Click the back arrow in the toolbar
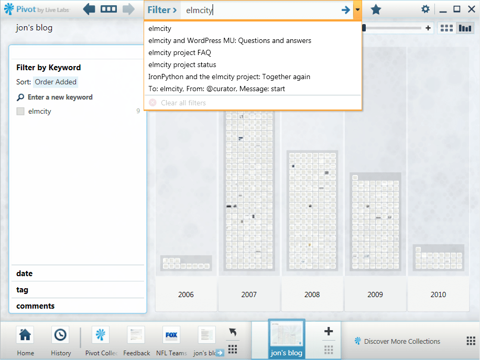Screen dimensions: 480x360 pyautogui.click(x=89, y=9)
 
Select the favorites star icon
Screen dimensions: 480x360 pyautogui.click(x=376, y=10)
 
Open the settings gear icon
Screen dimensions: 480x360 pyautogui.click(x=425, y=9)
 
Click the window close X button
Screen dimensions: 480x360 pyautogui.click(x=472, y=9)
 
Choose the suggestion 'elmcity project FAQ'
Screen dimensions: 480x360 pyautogui.click(x=180, y=52)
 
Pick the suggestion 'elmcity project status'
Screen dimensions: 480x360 pyautogui.click(x=182, y=64)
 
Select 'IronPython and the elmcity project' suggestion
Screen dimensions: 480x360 pyautogui.click(x=230, y=77)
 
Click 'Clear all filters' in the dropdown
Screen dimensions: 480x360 pyautogui.click(x=183, y=103)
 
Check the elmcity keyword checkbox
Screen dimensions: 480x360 pyautogui.click(x=20, y=111)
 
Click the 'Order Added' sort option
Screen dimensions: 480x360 pyautogui.click(x=56, y=82)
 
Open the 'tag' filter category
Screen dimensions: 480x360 pyautogui.click(x=23, y=290)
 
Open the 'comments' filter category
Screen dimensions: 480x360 pyautogui.click(x=36, y=306)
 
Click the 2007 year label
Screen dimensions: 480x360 pyautogui.click(x=249, y=294)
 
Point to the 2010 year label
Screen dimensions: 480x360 pyautogui.click(x=438, y=294)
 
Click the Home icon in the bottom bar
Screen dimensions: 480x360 pyautogui.click(x=25, y=335)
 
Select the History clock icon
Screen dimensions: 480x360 pyautogui.click(x=60, y=335)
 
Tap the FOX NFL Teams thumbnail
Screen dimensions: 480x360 pyautogui.click(x=171, y=335)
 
